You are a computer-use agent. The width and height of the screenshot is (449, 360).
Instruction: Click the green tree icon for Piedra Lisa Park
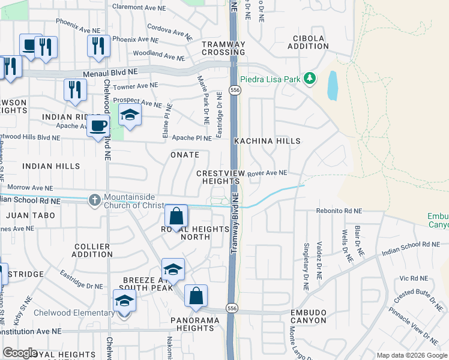point(310,79)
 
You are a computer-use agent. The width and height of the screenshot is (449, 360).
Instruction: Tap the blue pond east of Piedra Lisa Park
point(332,86)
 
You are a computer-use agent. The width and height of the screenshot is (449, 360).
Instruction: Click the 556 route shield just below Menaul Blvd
point(235,90)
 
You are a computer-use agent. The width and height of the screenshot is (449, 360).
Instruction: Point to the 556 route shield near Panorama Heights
point(232,308)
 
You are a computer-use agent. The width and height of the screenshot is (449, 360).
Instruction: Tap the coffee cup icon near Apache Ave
point(98,126)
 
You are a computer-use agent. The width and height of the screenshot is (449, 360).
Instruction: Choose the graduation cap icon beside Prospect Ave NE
point(129,115)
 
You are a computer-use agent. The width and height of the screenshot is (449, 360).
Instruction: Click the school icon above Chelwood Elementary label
point(124,301)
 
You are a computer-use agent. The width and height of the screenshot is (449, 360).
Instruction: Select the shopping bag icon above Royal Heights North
point(176,215)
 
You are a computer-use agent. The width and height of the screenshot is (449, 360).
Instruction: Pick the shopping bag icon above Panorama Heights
point(196,296)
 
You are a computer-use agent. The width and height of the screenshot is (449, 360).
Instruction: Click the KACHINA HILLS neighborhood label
point(267,140)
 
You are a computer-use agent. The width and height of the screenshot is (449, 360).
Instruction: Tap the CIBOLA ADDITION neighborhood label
point(309,42)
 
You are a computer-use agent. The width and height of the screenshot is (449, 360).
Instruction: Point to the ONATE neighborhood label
point(184,155)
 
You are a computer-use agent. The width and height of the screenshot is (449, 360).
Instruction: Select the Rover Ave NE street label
point(267,173)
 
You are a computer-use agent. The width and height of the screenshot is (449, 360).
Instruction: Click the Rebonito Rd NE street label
point(340,211)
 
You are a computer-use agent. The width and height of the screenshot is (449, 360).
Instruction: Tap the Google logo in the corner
point(20,353)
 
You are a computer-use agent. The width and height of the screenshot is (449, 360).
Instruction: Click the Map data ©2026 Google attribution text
point(411,355)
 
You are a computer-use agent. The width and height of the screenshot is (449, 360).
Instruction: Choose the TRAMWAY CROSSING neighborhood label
point(223,48)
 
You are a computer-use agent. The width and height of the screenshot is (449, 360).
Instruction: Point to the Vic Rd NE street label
point(412,278)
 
